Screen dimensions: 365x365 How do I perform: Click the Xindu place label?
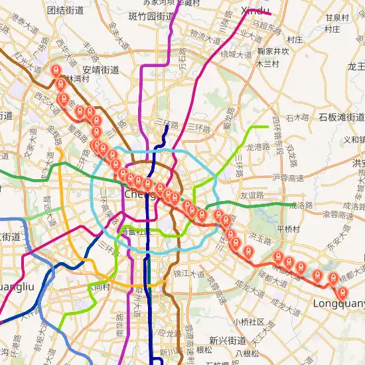(x=256, y=11)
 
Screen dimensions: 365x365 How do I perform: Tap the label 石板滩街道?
(x=341, y=117)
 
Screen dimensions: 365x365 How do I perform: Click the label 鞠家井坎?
(x=273, y=50)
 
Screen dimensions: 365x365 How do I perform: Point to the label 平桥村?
(x=289, y=228)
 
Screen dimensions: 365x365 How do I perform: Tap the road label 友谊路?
(x=252, y=195)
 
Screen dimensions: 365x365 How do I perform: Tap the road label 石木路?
(x=297, y=118)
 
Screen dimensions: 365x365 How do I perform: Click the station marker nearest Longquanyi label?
(x=342, y=293)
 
